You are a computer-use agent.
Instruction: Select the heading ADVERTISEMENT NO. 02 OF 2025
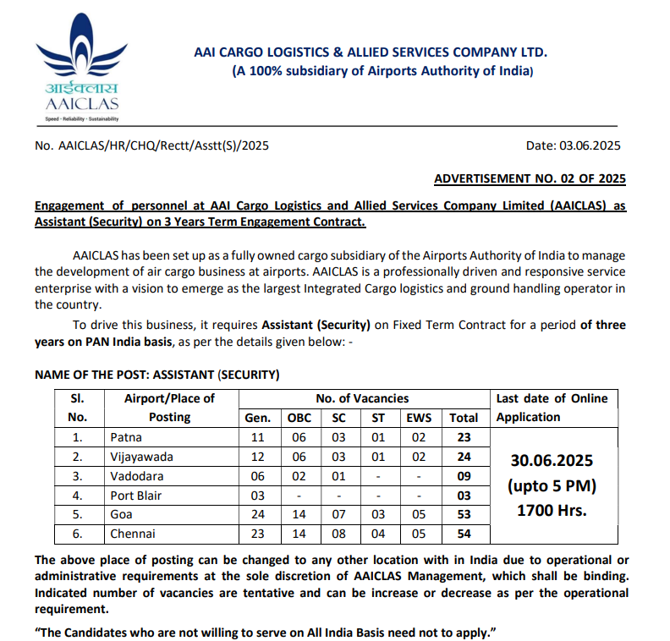pyautogui.click(x=530, y=178)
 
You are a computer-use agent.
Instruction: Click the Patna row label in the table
pyautogui.click(x=127, y=437)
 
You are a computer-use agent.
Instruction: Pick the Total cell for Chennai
pyautogui.click(x=464, y=534)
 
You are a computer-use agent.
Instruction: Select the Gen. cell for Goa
pyautogui.click(x=258, y=514)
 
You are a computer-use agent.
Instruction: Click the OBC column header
pyautogui.click(x=299, y=418)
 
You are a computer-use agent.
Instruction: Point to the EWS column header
pyautogui.click(x=418, y=418)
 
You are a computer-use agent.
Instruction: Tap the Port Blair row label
pyautogui.click(x=138, y=495)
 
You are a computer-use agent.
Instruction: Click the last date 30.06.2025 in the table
pyautogui.click(x=552, y=461)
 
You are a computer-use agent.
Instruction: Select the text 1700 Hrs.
pyautogui.click(x=552, y=511)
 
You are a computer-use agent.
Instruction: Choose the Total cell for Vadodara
pyautogui.click(x=464, y=476)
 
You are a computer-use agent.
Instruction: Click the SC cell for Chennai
pyautogui.click(x=338, y=534)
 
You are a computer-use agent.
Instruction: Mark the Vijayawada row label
pyautogui.click(x=142, y=457)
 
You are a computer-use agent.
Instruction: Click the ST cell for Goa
pyautogui.click(x=378, y=514)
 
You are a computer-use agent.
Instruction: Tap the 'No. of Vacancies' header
pyautogui.click(x=362, y=398)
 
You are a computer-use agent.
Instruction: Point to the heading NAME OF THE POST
pyautogui.click(x=157, y=374)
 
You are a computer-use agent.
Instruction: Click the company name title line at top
pyautogui.click(x=371, y=52)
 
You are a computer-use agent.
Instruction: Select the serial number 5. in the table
pyautogui.click(x=77, y=514)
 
